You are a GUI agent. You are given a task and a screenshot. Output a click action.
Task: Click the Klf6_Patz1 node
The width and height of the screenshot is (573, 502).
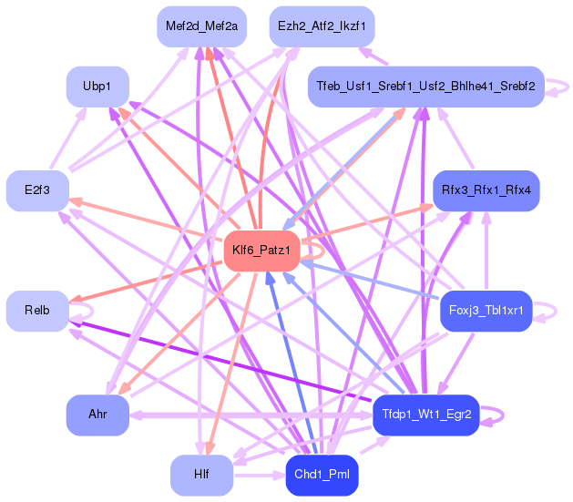(x=261, y=251)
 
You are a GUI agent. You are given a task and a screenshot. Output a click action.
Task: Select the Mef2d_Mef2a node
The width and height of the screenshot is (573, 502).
(x=201, y=26)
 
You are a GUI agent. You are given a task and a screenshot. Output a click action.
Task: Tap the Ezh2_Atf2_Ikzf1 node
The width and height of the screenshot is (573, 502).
(x=322, y=26)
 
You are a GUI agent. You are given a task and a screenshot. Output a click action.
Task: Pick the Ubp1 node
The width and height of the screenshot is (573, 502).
(x=97, y=87)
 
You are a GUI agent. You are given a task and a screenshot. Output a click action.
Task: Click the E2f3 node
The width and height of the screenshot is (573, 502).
(x=37, y=190)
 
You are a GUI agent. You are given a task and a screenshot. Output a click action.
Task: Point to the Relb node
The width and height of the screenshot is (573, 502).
(x=37, y=311)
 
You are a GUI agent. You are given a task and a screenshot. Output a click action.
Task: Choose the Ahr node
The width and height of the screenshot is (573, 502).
(x=97, y=415)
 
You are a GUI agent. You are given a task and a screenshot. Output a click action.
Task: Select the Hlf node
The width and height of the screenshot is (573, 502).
(x=201, y=475)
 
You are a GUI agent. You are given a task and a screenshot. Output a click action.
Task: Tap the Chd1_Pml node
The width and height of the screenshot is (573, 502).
(x=322, y=475)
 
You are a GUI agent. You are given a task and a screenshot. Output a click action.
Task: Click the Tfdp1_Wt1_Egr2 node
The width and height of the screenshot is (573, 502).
(x=426, y=415)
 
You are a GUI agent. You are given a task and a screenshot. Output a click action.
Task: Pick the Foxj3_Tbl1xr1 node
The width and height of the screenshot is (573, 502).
(x=486, y=311)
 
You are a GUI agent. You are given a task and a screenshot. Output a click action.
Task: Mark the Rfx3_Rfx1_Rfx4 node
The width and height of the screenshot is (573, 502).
(x=486, y=190)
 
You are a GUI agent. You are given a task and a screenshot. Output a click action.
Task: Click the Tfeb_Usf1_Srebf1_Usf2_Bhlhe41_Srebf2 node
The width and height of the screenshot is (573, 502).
(x=426, y=87)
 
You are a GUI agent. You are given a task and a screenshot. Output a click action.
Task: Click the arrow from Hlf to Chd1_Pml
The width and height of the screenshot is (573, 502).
(x=260, y=475)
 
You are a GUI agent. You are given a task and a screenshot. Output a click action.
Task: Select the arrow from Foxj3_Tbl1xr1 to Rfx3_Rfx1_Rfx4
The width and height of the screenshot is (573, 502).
(x=486, y=251)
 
